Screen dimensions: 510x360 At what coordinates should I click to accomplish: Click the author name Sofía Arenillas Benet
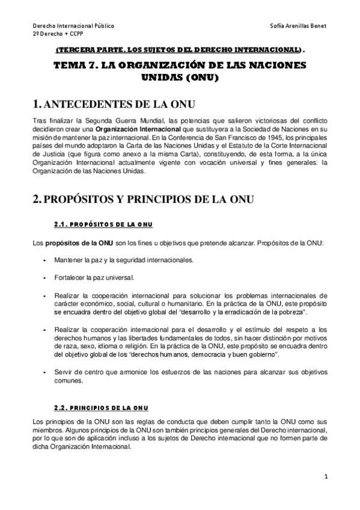point(299,27)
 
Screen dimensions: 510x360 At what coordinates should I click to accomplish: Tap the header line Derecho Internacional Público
point(73,27)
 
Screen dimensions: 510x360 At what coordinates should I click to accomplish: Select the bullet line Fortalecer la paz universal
point(94,277)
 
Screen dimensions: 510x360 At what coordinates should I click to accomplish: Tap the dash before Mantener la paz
point(46,260)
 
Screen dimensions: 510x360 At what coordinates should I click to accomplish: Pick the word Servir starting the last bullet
point(62,372)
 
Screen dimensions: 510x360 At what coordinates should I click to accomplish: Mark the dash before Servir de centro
point(46,372)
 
